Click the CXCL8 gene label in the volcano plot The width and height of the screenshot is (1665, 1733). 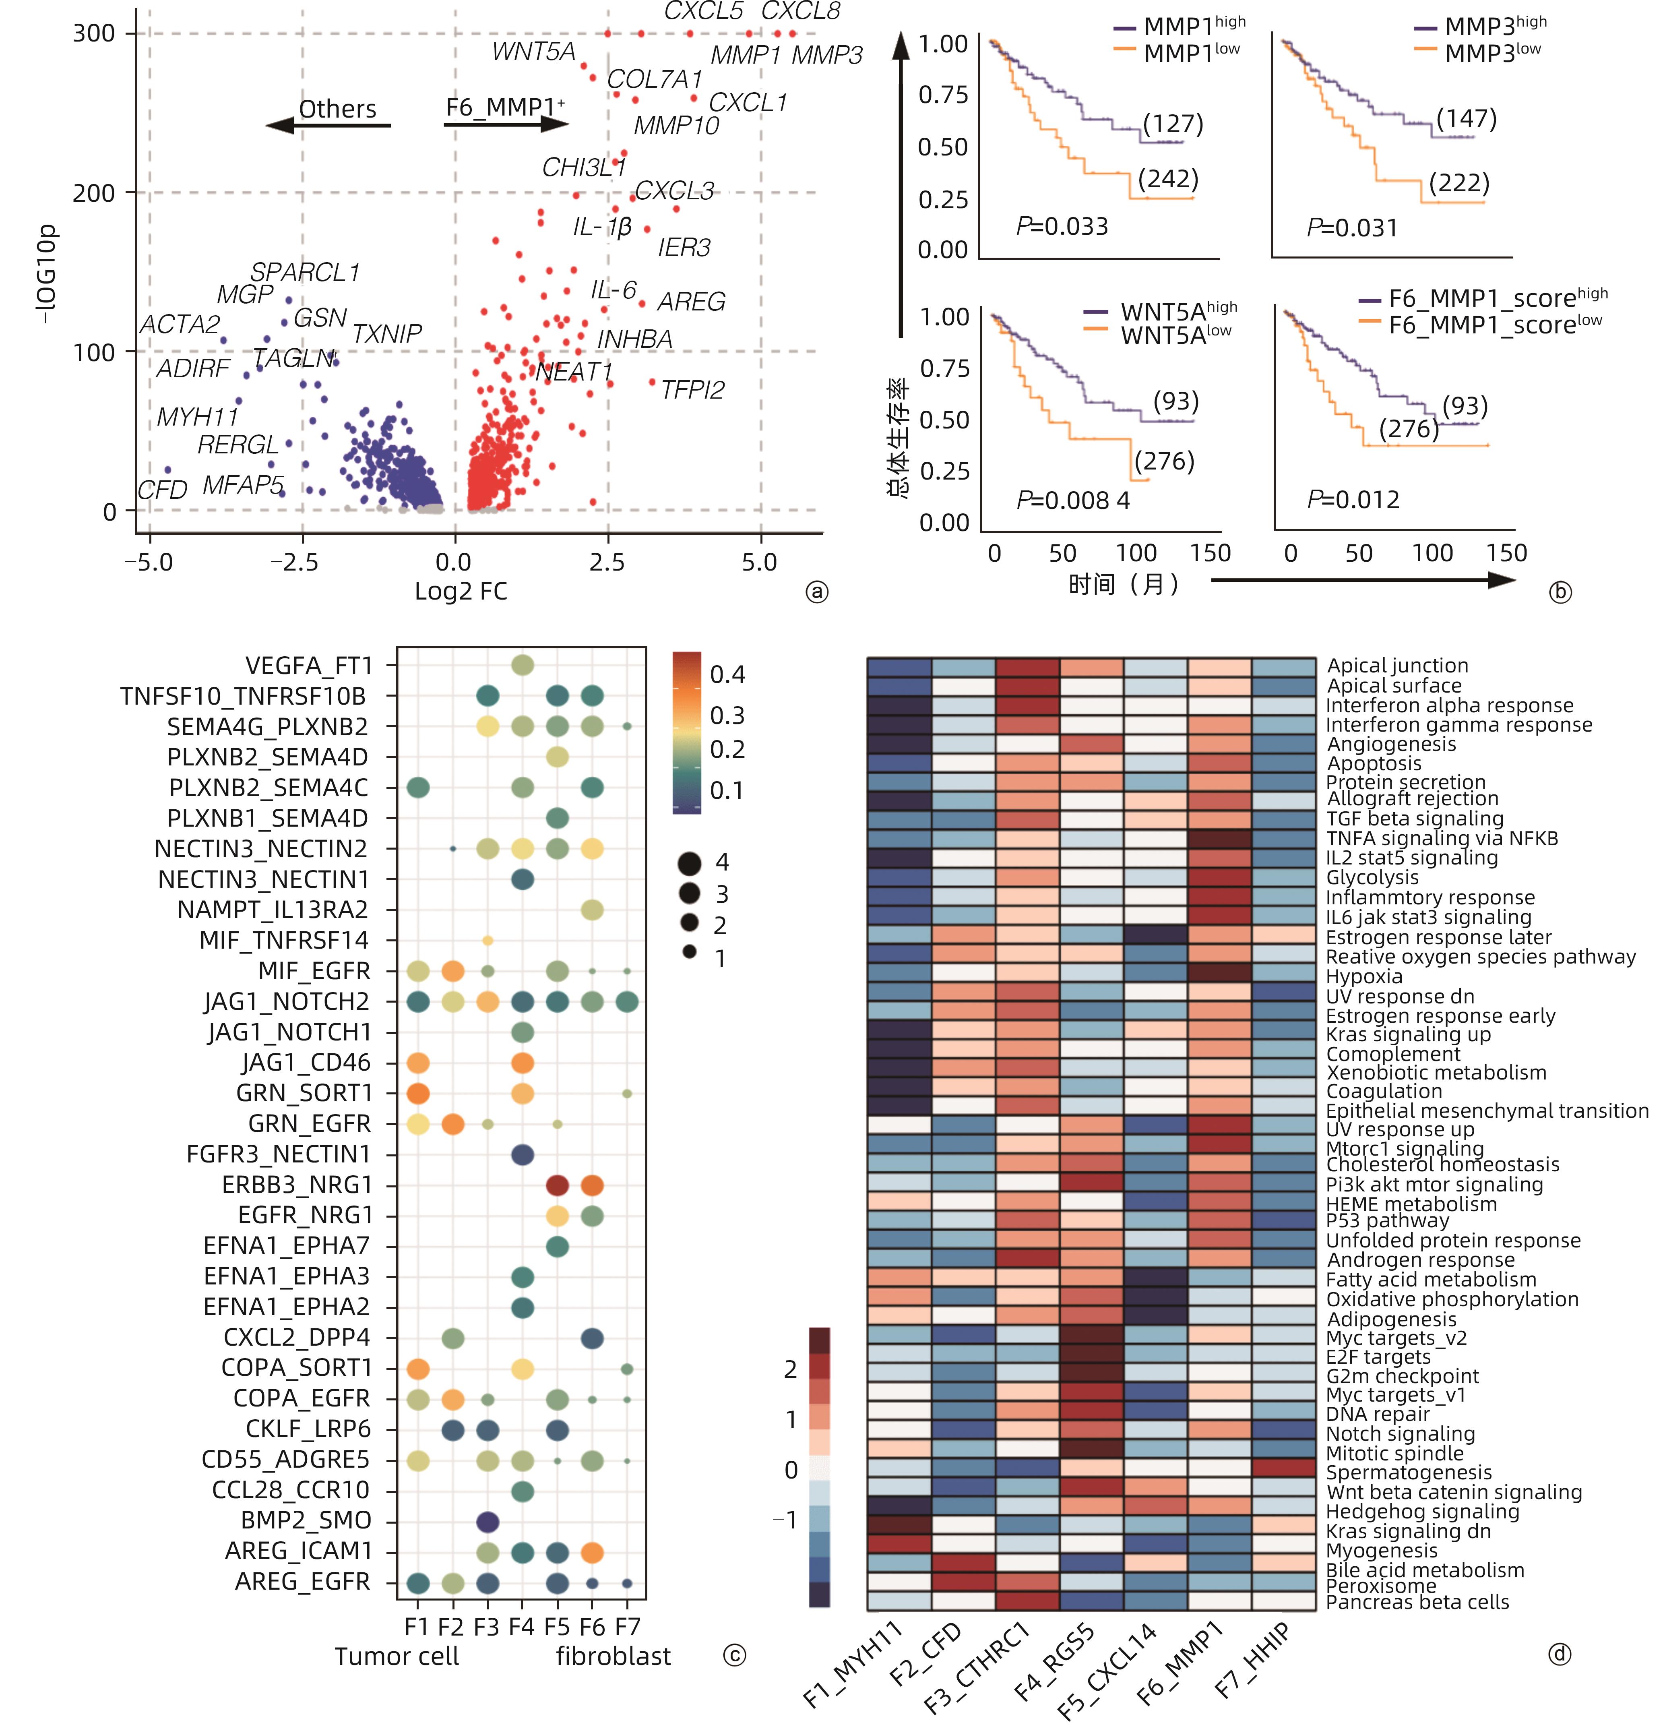click(x=800, y=12)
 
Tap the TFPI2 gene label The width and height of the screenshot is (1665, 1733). click(x=692, y=390)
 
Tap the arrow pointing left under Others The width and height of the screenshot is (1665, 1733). click(x=327, y=126)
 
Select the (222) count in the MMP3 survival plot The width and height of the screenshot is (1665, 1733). click(x=1459, y=183)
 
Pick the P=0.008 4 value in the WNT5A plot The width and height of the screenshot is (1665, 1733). click(x=1072, y=500)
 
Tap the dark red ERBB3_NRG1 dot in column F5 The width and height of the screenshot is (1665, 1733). click(x=557, y=1185)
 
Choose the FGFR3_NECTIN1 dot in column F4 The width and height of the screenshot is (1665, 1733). click(x=523, y=1154)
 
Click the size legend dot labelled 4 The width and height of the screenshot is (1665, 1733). click(x=690, y=863)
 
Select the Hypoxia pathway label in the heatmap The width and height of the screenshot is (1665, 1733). click(x=1364, y=976)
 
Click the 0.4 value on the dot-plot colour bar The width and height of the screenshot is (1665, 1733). click(x=727, y=674)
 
